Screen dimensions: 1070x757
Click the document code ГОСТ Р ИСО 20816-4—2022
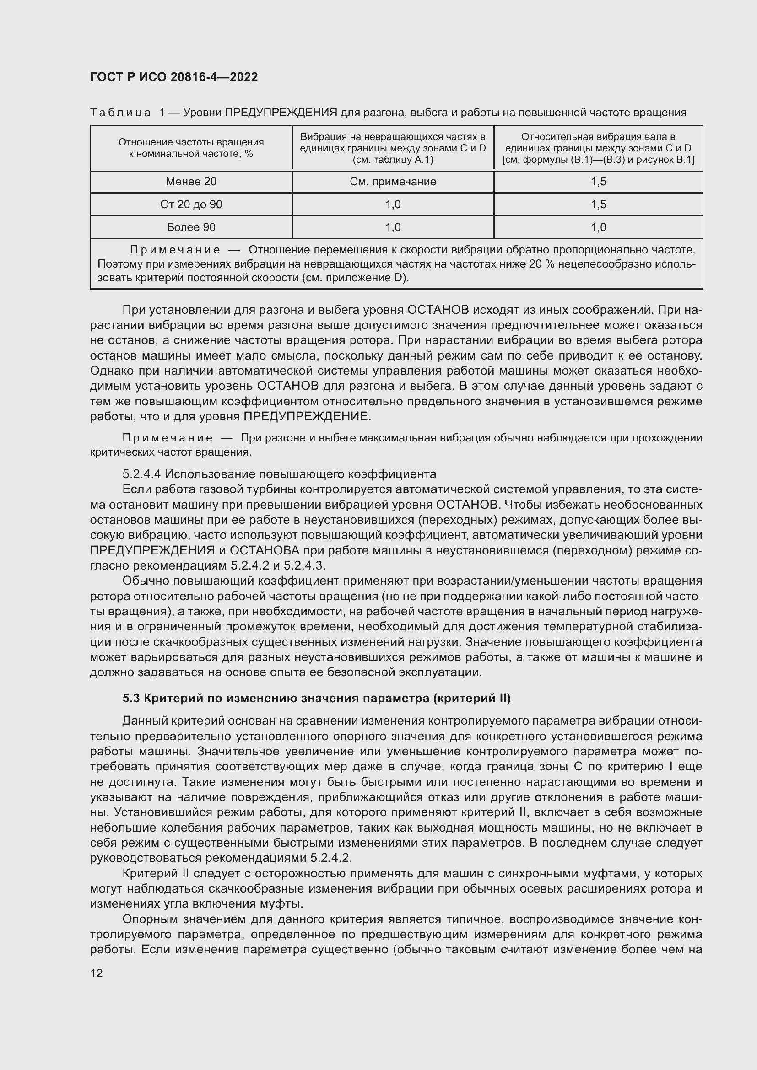(x=174, y=77)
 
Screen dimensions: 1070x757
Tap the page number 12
(x=97, y=973)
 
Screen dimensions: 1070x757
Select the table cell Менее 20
(x=191, y=182)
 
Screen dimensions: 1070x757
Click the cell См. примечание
(x=393, y=182)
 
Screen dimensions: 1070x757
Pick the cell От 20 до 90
(x=191, y=204)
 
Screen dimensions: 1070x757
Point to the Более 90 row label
(x=191, y=227)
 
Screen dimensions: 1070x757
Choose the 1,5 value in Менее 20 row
(x=598, y=182)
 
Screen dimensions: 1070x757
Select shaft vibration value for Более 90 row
(x=598, y=227)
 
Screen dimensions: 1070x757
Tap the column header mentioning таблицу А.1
(x=393, y=148)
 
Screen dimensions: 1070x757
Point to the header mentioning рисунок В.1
(x=598, y=148)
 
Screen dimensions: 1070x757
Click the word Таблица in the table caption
(x=120, y=113)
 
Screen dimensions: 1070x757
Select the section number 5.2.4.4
(x=142, y=474)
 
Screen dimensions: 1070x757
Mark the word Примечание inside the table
(x=175, y=250)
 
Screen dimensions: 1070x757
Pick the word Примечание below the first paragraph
(x=168, y=438)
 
